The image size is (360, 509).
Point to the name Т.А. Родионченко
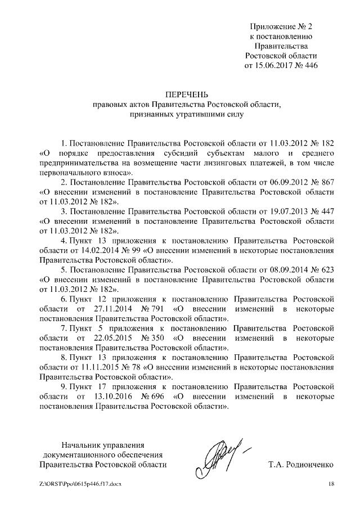(x=302, y=465)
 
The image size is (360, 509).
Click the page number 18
(x=331, y=484)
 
